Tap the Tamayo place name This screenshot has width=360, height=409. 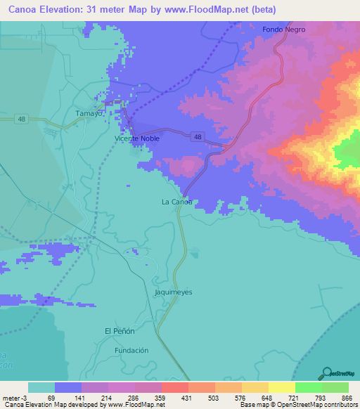point(89,113)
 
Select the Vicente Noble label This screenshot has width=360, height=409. point(137,138)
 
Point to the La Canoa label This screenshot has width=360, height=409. point(176,202)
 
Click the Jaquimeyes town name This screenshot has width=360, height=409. point(173,292)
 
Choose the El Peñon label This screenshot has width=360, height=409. point(118,331)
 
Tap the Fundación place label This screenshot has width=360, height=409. point(131,350)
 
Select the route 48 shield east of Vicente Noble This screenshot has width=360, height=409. point(199,137)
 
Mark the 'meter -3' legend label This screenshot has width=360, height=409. point(14,398)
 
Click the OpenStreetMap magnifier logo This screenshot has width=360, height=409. point(326,373)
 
